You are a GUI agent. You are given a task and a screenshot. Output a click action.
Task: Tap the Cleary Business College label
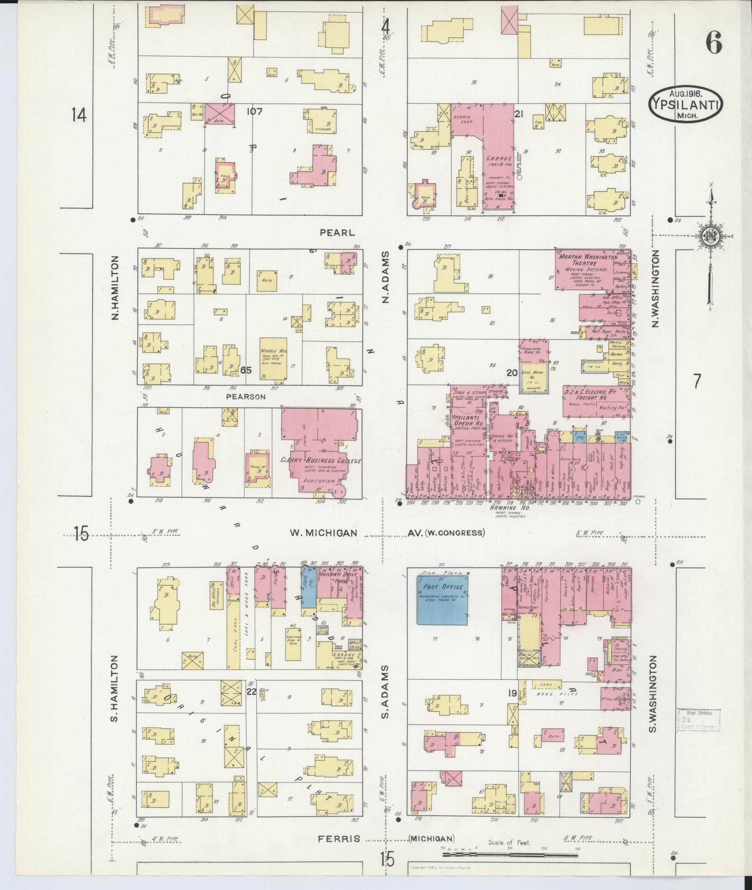(x=321, y=460)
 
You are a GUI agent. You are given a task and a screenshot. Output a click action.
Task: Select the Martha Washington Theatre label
(x=586, y=260)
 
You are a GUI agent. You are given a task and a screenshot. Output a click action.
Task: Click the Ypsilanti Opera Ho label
(x=467, y=411)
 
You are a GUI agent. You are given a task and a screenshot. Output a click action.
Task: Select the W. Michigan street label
(x=323, y=533)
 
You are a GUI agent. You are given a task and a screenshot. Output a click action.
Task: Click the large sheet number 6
(x=713, y=45)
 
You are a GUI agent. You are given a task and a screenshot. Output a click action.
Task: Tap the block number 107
(x=254, y=111)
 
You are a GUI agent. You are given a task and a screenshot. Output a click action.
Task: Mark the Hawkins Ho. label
(x=508, y=507)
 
